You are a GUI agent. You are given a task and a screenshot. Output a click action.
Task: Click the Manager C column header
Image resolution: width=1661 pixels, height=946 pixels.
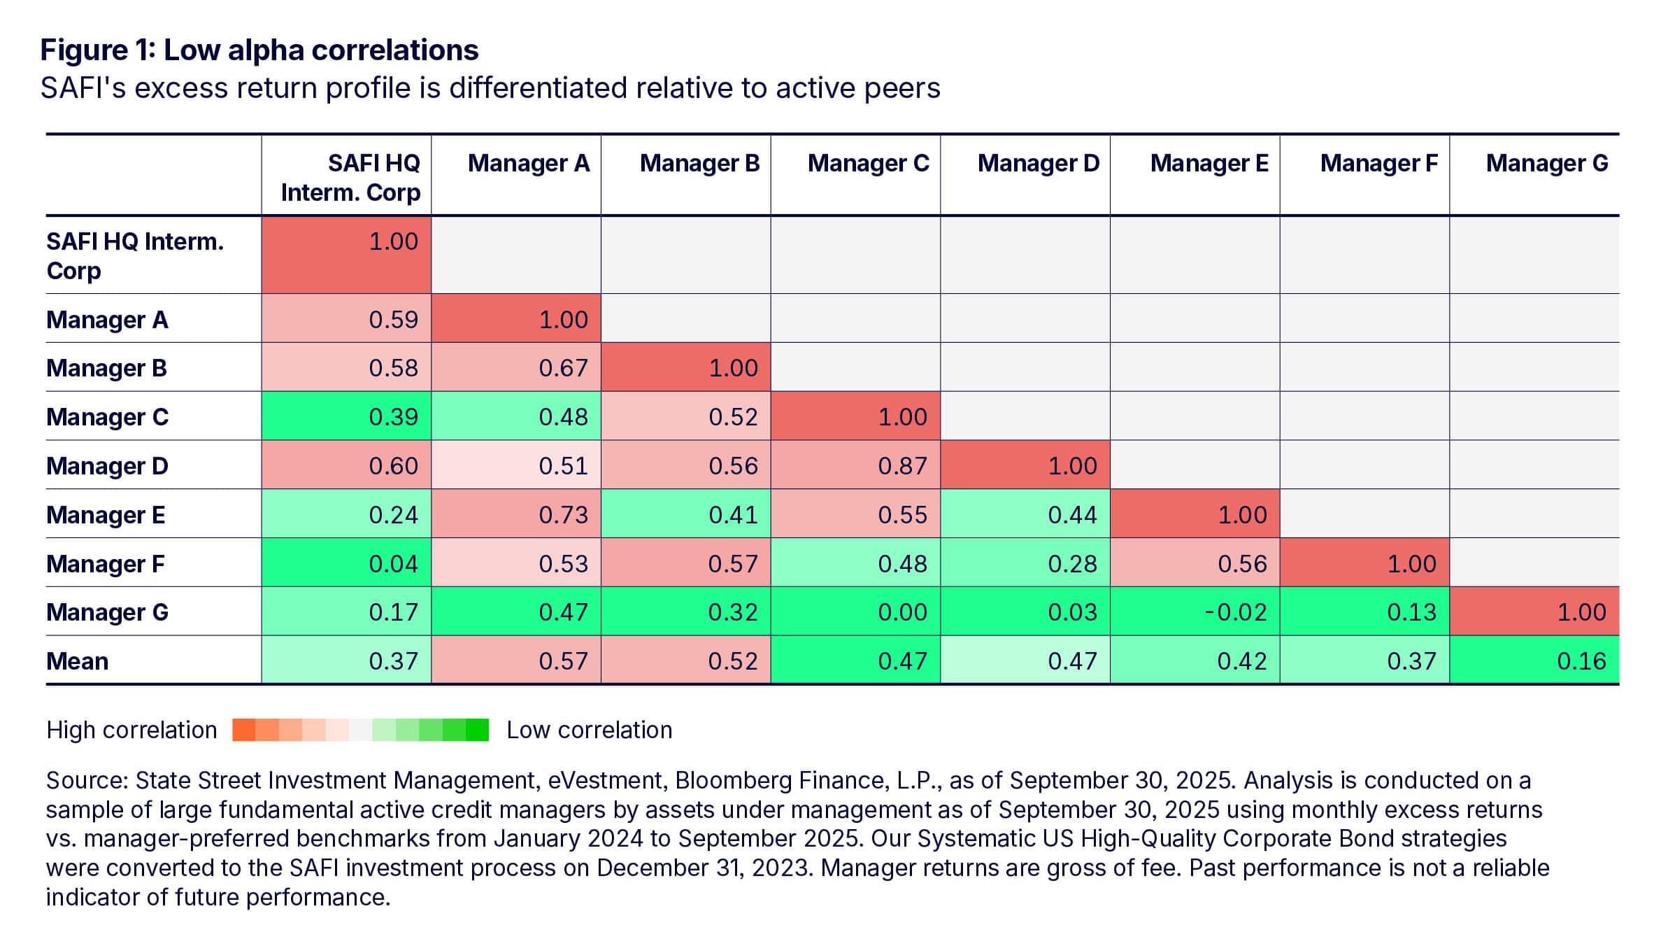pyautogui.click(x=868, y=163)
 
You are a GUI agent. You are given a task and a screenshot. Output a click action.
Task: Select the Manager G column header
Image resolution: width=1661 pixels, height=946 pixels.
pyautogui.click(x=1546, y=163)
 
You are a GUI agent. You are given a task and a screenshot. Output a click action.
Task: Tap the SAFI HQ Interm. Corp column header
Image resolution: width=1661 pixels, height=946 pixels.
pyautogui.click(x=350, y=177)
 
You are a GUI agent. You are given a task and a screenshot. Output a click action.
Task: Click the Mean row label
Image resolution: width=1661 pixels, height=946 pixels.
pyautogui.click(x=78, y=661)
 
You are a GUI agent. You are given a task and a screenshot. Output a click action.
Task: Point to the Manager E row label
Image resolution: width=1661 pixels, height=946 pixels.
pyautogui.click(x=106, y=514)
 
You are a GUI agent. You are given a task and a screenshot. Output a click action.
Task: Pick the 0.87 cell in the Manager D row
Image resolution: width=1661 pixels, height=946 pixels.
pyautogui.click(x=902, y=465)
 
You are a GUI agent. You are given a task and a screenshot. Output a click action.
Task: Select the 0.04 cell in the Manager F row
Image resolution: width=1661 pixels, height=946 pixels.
pyautogui.click(x=393, y=563)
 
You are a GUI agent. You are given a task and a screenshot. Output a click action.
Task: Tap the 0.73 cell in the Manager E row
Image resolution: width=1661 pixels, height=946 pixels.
pyautogui.click(x=563, y=514)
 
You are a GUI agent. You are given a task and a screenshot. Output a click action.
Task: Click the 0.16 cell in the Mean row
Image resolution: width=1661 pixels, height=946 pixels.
pyautogui.click(x=1581, y=661)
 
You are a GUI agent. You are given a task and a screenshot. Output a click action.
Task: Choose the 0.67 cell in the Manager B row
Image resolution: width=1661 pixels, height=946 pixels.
pyautogui.click(x=563, y=368)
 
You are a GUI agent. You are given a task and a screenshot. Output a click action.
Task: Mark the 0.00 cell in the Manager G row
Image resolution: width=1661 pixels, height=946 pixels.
pyautogui.click(x=902, y=612)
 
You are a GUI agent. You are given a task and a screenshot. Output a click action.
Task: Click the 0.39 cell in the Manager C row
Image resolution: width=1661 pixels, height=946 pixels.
pyautogui.click(x=393, y=417)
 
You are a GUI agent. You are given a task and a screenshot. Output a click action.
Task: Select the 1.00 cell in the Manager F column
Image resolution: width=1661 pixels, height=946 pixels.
pyautogui.click(x=1411, y=563)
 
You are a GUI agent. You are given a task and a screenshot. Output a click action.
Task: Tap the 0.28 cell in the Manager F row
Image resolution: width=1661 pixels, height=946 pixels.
pyautogui.click(x=1072, y=563)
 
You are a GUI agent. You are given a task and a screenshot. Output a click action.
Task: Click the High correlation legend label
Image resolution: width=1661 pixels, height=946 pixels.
pyautogui.click(x=131, y=730)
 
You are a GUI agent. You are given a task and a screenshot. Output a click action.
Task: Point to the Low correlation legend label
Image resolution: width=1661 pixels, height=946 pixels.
pyautogui.click(x=589, y=730)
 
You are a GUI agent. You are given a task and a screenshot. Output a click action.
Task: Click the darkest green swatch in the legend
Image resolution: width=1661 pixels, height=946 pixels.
pyautogui.click(x=477, y=730)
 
